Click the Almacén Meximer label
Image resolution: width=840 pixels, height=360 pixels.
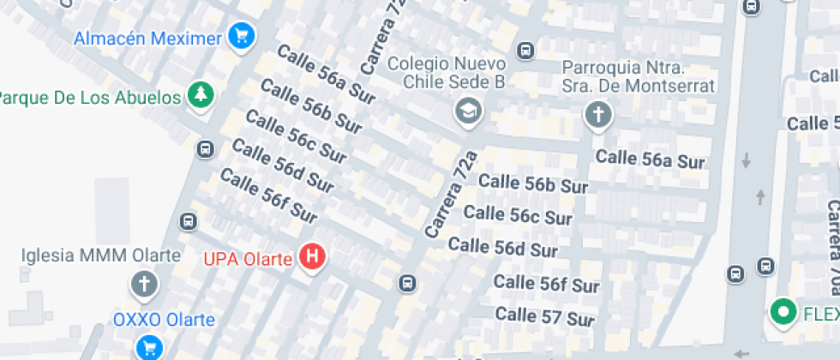click(x=148, y=38)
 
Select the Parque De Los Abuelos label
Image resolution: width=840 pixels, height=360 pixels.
click(x=90, y=95)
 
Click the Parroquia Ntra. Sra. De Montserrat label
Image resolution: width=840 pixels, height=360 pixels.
click(x=638, y=76)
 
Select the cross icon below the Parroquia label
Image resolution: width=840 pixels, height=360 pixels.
click(x=597, y=115)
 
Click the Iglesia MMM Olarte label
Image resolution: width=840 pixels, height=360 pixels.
click(x=101, y=255)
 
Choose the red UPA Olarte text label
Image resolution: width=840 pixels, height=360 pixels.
click(x=248, y=257)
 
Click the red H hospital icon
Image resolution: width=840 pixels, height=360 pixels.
click(x=314, y=256)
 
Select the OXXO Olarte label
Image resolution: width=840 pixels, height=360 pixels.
click(x=164, y=321)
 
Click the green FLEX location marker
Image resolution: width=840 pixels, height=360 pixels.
click(x=782, y=314)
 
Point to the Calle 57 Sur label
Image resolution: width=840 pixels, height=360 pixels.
click(x=545, y=317)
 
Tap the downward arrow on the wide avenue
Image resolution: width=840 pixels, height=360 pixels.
click(x=746, y=160)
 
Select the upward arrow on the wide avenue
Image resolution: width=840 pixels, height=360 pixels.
click(x=760, y=197)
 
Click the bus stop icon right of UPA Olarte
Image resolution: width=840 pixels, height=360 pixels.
click(x=408, y=283)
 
